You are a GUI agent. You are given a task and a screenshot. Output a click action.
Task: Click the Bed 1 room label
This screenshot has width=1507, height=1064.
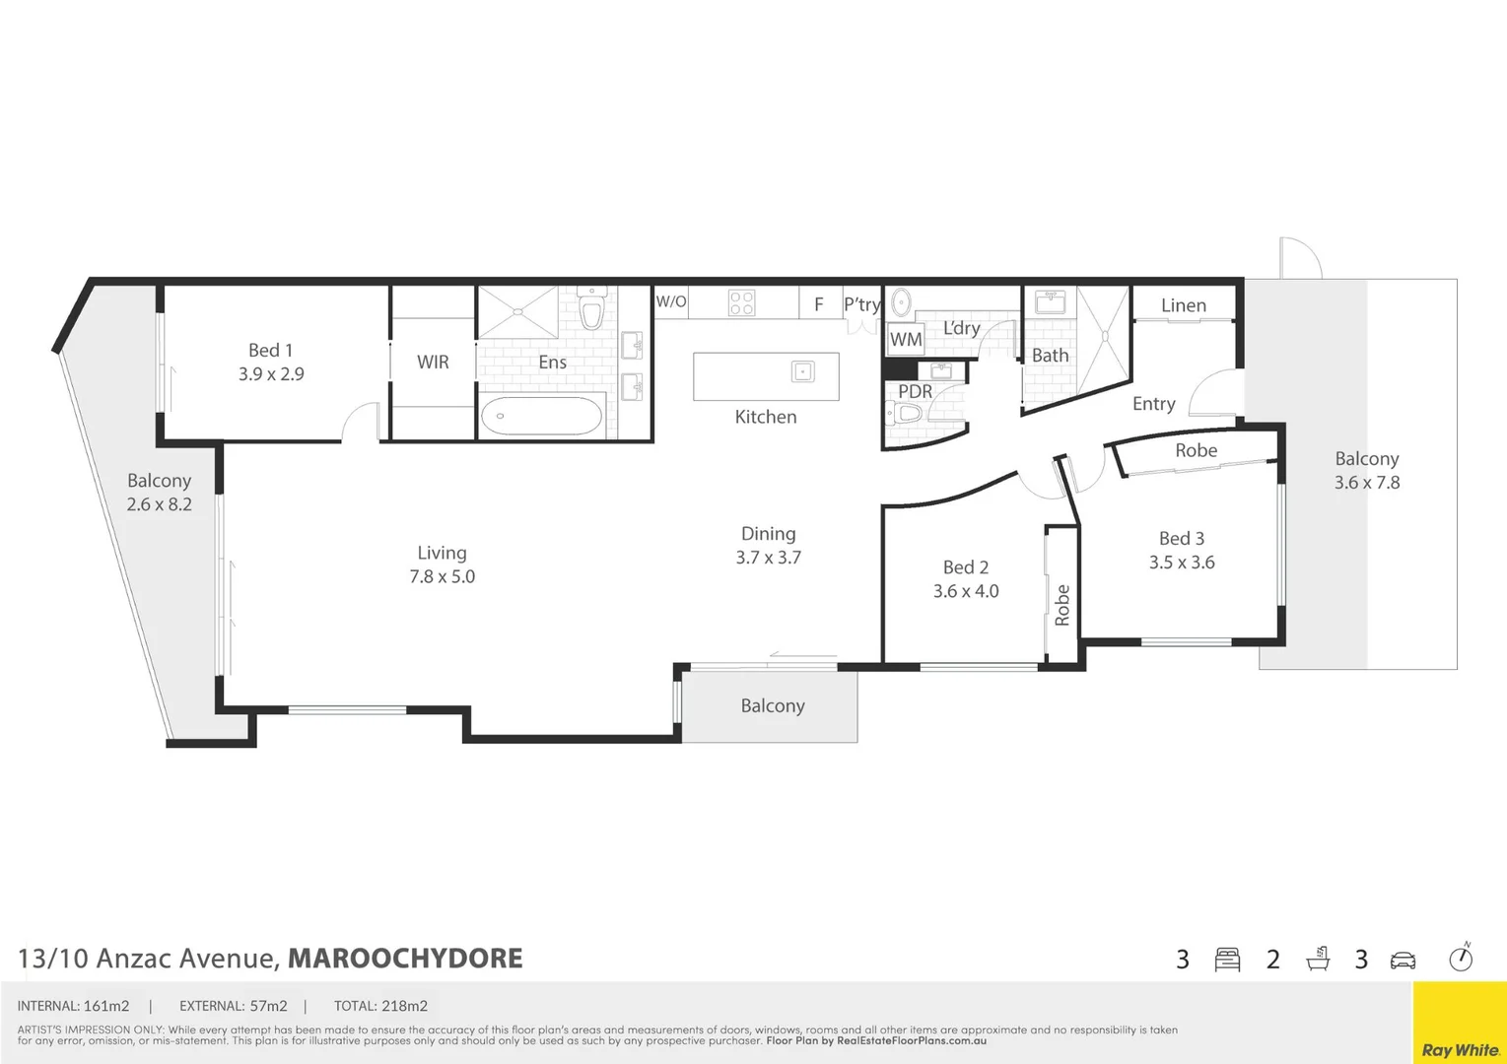[x=270, y=351]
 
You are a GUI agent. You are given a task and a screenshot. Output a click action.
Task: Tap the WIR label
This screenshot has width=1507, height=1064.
[x=433, y=363]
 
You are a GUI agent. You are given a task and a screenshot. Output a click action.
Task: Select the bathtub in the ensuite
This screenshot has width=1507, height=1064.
[x=541, y=416]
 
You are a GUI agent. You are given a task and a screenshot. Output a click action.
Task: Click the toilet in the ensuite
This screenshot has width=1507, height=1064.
[x=591, y=311]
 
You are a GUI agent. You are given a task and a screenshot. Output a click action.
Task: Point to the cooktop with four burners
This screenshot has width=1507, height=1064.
[x=741, y=302]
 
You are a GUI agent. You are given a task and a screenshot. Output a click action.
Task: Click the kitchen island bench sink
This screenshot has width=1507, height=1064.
[x=803, y=371]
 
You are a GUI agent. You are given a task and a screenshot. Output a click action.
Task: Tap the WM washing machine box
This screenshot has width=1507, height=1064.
[x=905, y=340]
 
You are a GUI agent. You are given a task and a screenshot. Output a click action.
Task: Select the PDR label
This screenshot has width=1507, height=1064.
[x=915, y=392]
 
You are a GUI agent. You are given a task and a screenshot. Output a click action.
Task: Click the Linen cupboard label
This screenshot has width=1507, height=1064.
[x=1183, y=305]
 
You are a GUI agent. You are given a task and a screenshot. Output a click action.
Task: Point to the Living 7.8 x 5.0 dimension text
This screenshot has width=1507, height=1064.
[x=442, y=577]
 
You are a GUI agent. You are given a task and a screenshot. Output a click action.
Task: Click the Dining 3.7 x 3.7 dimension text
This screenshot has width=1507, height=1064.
[x=768, y=558]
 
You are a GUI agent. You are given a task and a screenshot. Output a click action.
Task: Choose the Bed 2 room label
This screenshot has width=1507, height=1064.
[x=965, y=567]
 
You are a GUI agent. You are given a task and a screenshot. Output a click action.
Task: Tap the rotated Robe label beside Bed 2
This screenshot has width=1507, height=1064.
[x=1062, y=605]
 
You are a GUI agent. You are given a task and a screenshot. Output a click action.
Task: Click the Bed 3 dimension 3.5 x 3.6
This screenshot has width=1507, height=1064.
[x=1181, y=563]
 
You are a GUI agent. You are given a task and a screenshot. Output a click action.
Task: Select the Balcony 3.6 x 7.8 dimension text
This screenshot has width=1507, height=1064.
[x=1366, y=483]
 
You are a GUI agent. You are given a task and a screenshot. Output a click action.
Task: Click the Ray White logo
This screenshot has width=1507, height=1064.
[x=1460, y=1049]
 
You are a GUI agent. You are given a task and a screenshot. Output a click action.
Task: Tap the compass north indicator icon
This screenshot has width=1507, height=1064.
[x=1461, y=958]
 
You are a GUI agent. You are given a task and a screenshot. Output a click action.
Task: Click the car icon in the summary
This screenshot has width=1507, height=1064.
[x=1403, y=960]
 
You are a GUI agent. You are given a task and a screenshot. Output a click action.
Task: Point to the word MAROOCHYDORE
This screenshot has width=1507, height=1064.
[x=405, y=959]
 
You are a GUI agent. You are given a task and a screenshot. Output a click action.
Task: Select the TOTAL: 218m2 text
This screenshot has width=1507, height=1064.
[x=380, y=1006]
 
